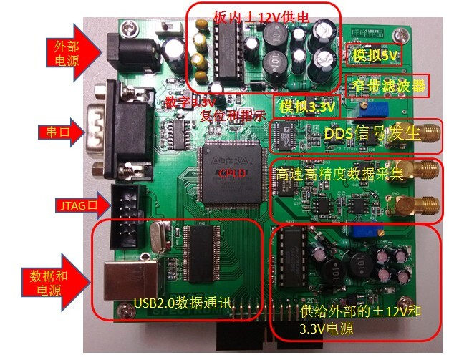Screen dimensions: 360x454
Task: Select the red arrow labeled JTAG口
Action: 77,208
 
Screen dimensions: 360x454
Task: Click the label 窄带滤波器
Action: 387,87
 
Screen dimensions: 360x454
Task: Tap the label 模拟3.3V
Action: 307,107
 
